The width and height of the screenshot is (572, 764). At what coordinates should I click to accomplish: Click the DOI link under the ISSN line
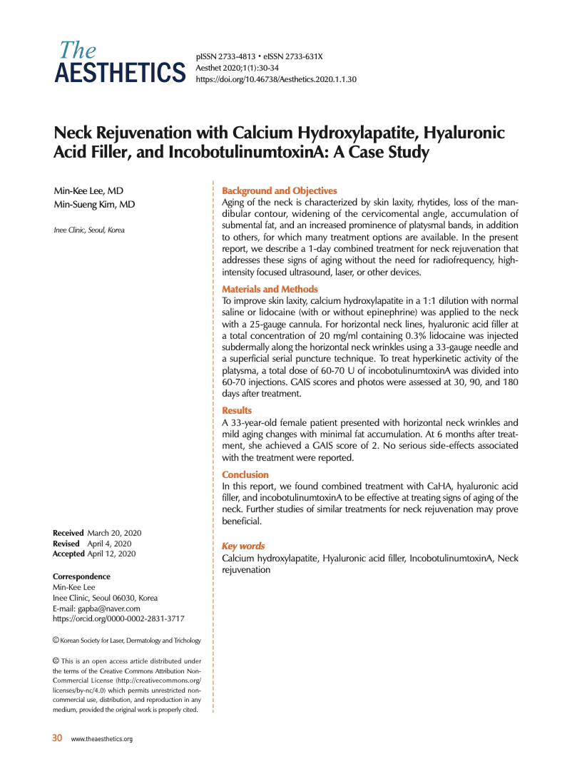(x=275, y=79)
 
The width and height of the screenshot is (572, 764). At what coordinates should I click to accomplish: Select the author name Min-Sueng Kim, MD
(x=94, y=205)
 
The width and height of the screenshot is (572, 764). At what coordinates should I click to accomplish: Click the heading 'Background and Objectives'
(x=279, y=190)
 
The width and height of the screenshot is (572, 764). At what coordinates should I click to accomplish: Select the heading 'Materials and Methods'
(x=270, y=289)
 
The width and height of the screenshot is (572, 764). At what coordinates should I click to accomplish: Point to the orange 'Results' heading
(x=237, y=410)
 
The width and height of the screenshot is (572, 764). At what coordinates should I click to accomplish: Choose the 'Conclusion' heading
(x=245, y=474)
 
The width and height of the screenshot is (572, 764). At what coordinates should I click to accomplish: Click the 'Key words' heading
(x=243, y=546)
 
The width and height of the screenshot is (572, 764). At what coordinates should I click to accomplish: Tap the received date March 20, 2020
(x=114, y=533)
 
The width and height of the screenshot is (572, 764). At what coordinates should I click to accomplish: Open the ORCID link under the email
(x=118, y=619)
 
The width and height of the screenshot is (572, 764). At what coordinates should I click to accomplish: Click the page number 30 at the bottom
(x=57, y=738)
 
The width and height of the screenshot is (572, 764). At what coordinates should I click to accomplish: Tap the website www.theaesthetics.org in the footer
(x=102, y=739)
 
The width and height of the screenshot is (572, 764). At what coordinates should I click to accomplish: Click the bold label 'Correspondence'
(x=81, y=576)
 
